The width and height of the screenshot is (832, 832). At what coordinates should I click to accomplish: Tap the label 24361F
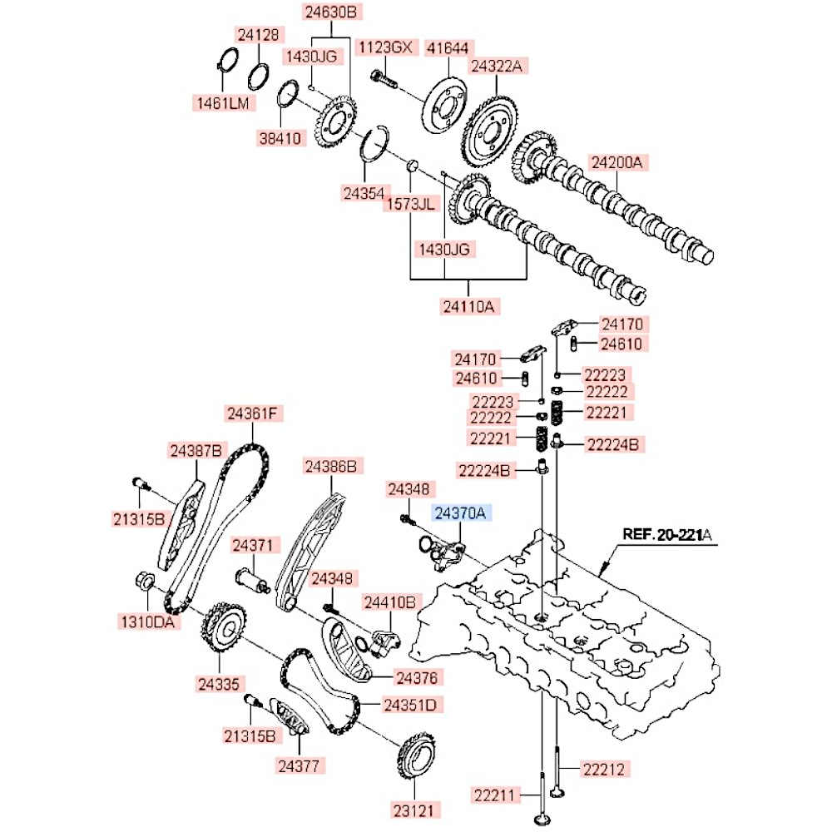point(255,414)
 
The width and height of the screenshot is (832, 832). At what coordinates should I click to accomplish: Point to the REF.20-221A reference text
point(666,533)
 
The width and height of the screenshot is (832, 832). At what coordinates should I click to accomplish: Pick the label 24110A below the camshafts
point(468,307)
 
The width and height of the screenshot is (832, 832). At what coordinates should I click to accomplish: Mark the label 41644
point(448,47)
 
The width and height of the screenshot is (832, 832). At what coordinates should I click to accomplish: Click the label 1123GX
point(384,47)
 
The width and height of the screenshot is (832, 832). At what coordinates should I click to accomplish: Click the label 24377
point(301,764)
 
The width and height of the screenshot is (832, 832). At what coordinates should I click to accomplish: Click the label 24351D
point(410,705)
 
